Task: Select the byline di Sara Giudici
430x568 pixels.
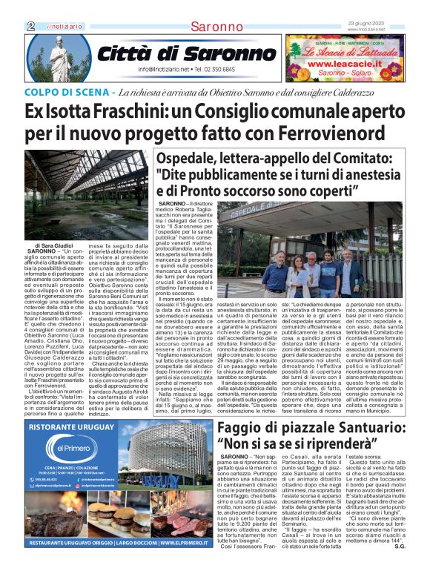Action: (54, 245)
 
